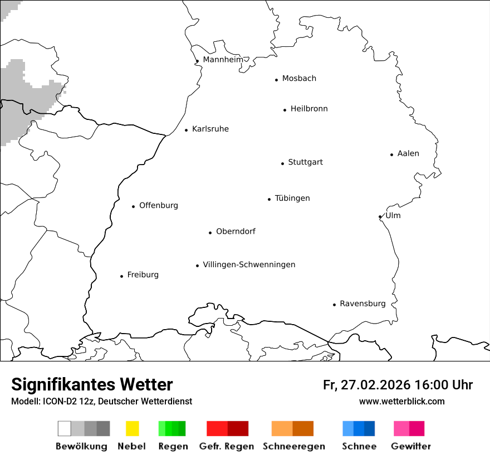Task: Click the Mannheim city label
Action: [223, 60]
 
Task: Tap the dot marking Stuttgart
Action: [282, 163]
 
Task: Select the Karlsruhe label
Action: [210, 129]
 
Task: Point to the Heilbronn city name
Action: [309, 109]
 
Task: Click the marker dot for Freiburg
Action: [121, 276]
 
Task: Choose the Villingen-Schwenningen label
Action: [249, 264]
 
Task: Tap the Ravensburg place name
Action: [362, 303]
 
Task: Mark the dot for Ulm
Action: [380, 217]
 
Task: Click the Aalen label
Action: [408, 153]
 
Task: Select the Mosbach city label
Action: [299, 79]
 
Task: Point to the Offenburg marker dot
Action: [133, 206]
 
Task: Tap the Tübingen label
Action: [292, 198]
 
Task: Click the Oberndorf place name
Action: [236, 231]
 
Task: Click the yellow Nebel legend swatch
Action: [132, 428]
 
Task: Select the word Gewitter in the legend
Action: [411, 446]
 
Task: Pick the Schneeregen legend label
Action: [294, 446]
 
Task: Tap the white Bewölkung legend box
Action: [65, 428]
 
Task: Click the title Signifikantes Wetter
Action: [92, 384]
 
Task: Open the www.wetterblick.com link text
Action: [401, 401]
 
